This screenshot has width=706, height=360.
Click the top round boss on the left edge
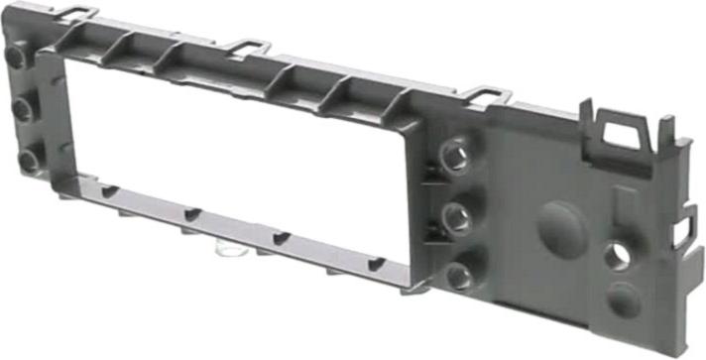click(x=16, y=58)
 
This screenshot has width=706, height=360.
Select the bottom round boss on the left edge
click(x=30, y=158)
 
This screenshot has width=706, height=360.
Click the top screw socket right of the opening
click(x=454, y=154)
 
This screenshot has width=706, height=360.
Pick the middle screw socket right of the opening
click(x=456, y=216)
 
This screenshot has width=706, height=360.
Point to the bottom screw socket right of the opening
click(x=458, y=277)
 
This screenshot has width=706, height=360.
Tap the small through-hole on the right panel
click(x=618, y=257)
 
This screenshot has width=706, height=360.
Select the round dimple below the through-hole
click(x=624, y=300)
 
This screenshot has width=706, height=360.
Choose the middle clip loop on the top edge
click(x=248, y=46)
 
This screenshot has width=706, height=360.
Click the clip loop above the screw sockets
click(x=486, y=94)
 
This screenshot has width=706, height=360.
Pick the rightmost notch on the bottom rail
click(x=376, y=265)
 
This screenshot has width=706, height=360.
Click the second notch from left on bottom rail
click(x=192, y=213)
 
